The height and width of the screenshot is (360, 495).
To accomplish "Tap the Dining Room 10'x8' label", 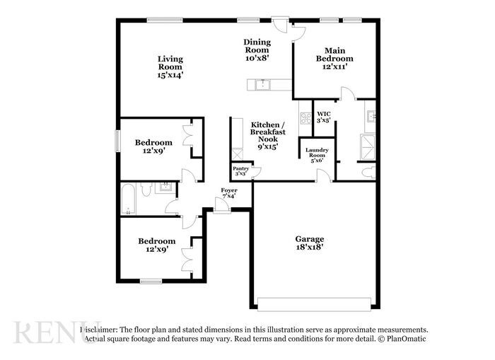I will point(257,50).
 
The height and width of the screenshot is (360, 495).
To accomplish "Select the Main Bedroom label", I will point(334,58).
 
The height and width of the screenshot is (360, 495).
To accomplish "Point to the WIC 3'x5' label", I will point(324,117).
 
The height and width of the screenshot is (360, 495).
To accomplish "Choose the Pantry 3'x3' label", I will point(240,170).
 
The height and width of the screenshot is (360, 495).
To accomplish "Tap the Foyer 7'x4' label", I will point(228,193).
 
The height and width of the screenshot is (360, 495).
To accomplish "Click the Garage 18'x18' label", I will point(310,243).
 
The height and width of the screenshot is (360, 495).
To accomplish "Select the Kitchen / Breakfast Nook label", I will point(268,135).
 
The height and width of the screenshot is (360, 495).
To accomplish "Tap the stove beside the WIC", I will point(305,120).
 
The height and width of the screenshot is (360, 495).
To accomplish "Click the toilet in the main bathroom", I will point(368,172).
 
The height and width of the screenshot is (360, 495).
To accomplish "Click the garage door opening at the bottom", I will point(313,304).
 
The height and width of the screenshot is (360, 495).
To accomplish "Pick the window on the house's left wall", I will point(118,139).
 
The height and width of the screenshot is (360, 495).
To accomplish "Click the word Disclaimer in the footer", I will point(99,330).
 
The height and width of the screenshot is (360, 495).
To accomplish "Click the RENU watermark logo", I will point(47,332).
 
